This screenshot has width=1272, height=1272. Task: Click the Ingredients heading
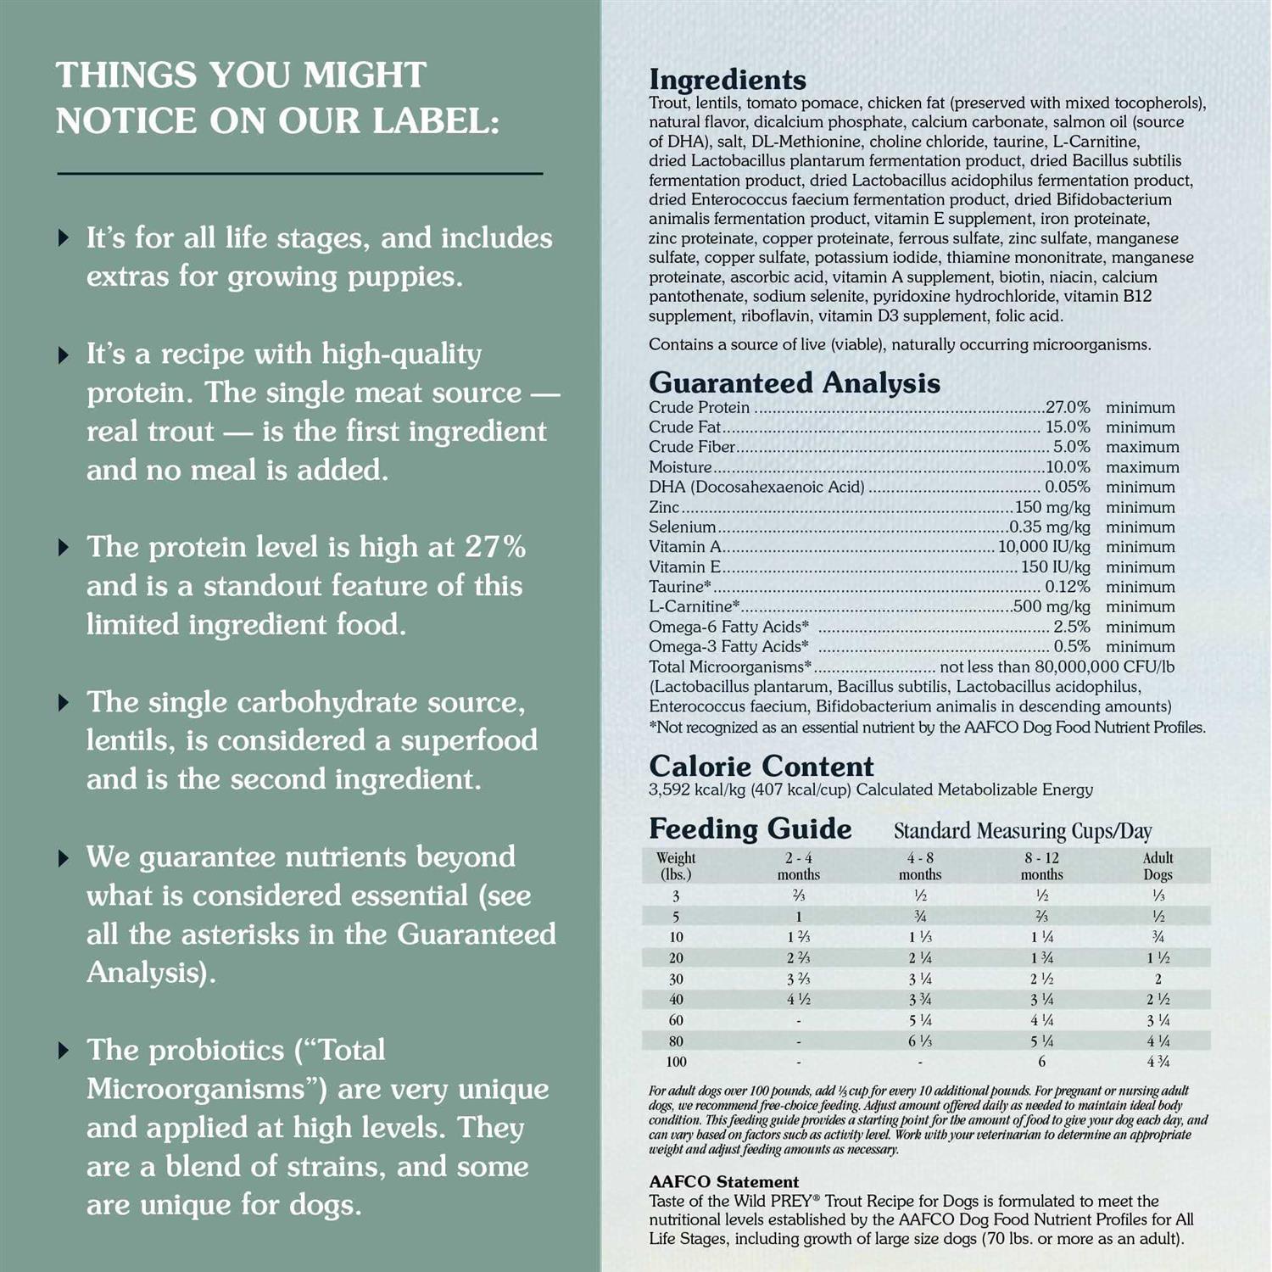coord(727,80)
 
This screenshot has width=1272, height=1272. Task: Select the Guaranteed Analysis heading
coord(794,382)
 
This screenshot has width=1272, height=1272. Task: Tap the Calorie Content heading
coord(761,766)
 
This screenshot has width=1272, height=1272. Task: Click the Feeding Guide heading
coord(750,828)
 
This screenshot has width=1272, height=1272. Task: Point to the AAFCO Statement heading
coord(723,1181)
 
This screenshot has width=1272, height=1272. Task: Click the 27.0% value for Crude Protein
coord(1068,408)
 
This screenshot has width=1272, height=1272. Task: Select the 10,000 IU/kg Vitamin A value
coord(1044,547)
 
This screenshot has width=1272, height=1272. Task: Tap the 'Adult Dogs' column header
coord(1158,866)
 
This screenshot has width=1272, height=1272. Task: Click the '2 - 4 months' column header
coord(798,866)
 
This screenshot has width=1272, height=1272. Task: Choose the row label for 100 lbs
coord(676,1062)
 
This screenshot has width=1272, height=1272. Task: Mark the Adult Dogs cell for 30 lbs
coord(1158,979)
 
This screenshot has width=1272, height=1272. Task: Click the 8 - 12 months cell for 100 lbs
coord(1041,1062)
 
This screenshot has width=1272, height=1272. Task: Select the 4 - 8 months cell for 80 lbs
coord(920,1041)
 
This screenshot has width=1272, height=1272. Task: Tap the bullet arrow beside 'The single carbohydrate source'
coord(64,702)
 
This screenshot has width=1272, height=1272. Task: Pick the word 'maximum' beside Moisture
coord(1142,467)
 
